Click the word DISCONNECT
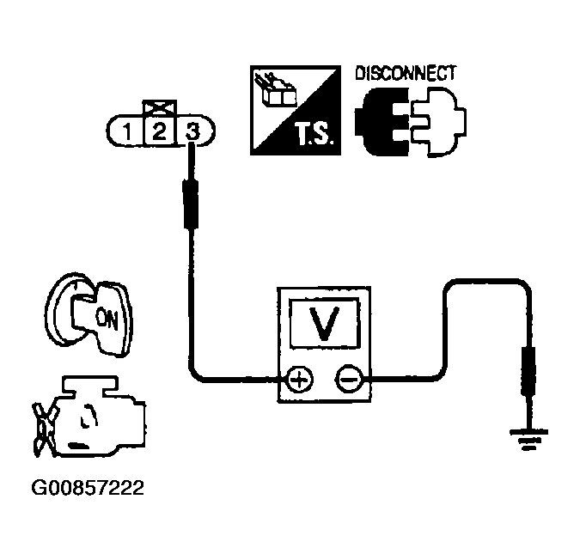pyautogui.click(x=404, y=73)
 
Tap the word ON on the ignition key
pyautogui.click(x=107, y=320)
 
